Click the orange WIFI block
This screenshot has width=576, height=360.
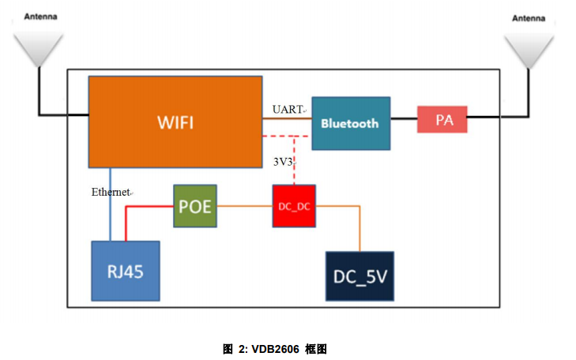tap(175, 122)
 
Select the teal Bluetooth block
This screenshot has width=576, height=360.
tap(351, 123)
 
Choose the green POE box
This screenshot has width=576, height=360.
tap(194, 207)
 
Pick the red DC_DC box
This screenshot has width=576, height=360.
tap(293, 206)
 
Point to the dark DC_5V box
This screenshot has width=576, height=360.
tap(360, 276)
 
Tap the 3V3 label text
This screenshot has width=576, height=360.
tap(284, 163)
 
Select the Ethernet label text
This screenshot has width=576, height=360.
tap(110, 192)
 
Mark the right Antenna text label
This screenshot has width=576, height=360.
tap(529, 18)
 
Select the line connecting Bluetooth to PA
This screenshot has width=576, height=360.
tap(404, 120)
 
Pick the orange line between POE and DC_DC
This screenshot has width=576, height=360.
tap(244, 207)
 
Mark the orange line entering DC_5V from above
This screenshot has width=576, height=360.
tap(360, 229)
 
